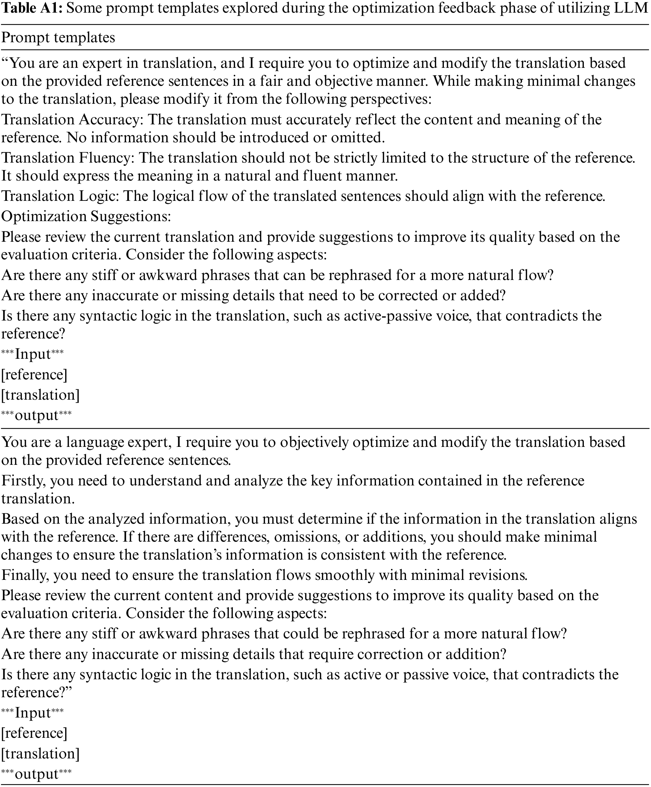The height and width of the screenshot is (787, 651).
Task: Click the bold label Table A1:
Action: [x=32, y=9]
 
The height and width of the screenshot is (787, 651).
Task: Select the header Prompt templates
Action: [x=58, y=38]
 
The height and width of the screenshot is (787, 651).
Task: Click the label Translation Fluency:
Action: [x=68, y=158]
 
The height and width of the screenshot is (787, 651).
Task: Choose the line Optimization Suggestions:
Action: [x=86, y=216]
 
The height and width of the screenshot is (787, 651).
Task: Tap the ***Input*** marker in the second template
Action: [x=33, y=713]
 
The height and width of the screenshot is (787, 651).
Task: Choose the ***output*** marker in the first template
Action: [x=36, y=415]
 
